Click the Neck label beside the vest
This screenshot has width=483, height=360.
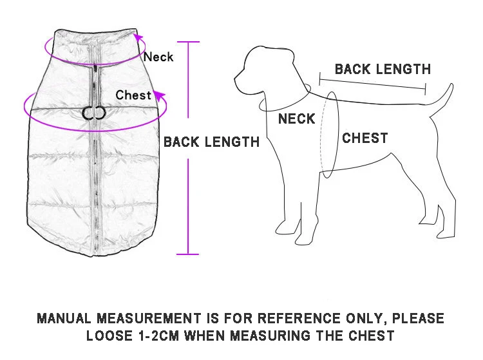point(158,57)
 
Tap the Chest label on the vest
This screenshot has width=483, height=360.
point(133,95)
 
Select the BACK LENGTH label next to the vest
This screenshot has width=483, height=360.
point(211,142)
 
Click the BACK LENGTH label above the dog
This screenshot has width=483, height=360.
point(383,69)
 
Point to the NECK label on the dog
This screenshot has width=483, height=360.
point(296,118)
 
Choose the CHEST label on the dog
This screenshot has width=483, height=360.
point(365,138)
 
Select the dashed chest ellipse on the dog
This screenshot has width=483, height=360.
point(329,134)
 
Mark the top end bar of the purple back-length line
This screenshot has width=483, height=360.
point(188,42)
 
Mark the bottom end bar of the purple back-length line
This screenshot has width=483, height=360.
point(188,254)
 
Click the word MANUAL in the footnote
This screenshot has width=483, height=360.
point(65,318)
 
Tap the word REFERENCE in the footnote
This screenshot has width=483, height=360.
point(298,318)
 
